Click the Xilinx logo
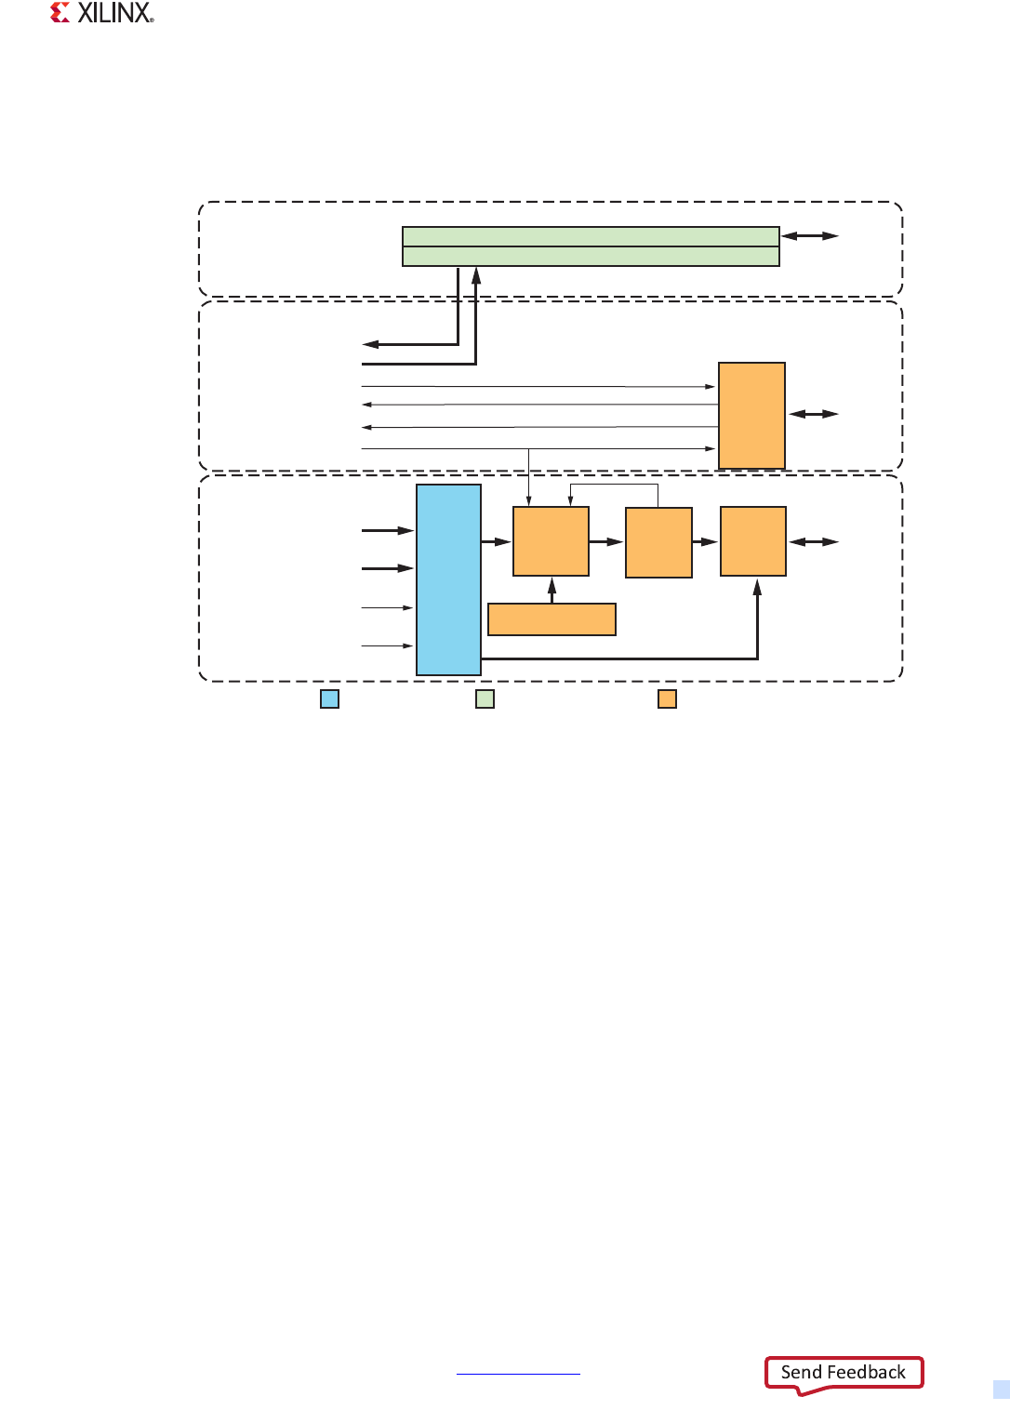(101, 13)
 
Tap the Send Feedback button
(844, 1373)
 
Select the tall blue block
(448, 579)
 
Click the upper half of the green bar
(591, 236)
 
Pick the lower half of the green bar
(591, 257)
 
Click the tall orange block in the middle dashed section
(751, 416)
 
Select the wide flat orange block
(552, 619)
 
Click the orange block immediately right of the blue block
(551, 541)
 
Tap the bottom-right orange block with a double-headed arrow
(753, 541)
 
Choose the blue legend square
(329, 698)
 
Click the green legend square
(485, 698)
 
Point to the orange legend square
(667, 698)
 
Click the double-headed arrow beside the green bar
(810, 236)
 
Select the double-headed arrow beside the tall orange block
(814, 414)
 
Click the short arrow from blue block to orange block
(497, 541)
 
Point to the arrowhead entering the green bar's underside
(476, 275)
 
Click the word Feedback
(867, 1373)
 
